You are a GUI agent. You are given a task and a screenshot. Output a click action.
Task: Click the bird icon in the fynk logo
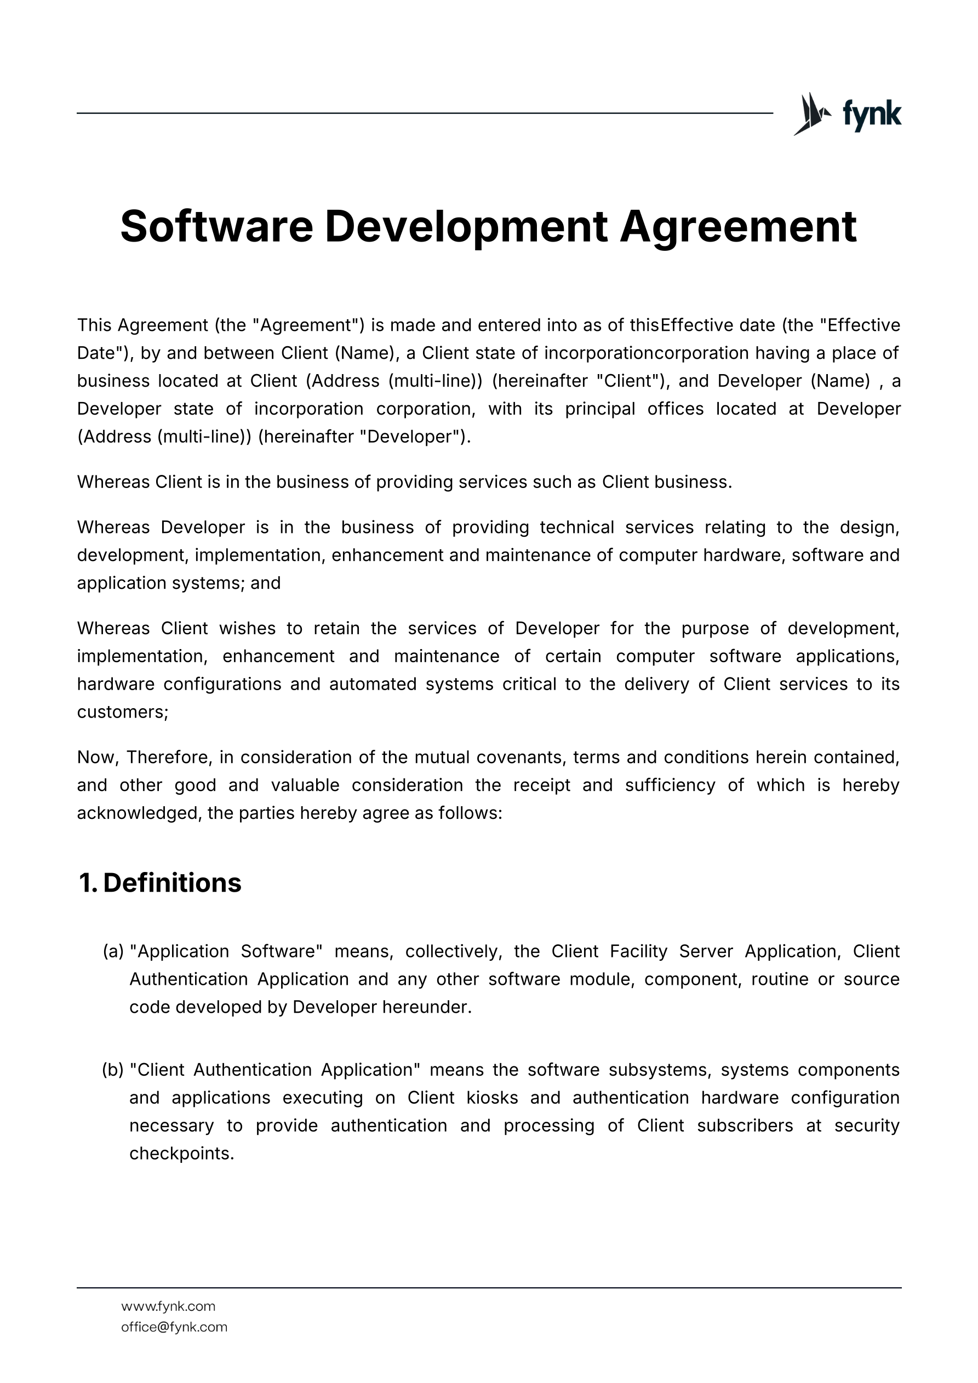[x=811, y=113]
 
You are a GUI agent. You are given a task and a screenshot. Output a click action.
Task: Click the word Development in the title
[x=466, y=227]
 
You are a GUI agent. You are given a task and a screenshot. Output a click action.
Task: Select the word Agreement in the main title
[x=737, y=227]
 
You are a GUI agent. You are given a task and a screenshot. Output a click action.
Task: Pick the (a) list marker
[x=113, y=951]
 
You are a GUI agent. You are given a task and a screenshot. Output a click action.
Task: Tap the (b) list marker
[x=113, y=1070]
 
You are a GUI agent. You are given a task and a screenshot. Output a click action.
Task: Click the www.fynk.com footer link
[x=168, y=1306]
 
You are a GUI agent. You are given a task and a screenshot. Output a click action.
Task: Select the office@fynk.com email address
[x=174, y=1327]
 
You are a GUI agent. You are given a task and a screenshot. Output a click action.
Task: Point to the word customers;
[x=122, y=712]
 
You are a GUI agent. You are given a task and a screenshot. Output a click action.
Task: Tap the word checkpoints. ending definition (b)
[x=181, y=1154]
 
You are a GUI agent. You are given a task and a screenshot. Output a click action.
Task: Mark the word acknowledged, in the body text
[x=139, y=813]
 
